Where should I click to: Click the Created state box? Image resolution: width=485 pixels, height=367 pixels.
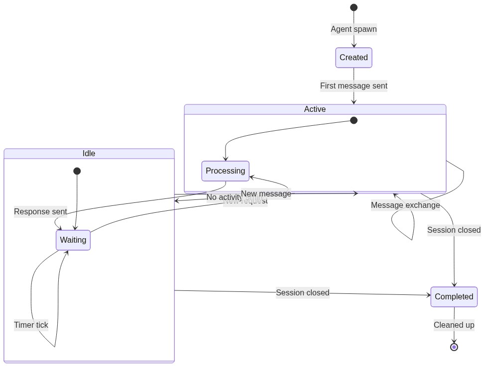pos(354,58)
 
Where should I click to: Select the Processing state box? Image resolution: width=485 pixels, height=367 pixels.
pos(225,171)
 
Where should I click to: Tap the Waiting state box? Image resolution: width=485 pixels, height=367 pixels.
pos(73,240)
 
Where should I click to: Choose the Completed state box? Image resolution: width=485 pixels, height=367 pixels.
pos(454,297)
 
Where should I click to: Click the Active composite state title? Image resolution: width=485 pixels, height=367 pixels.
pos(315,109)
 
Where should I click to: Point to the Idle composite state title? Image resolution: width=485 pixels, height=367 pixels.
pos(89,154)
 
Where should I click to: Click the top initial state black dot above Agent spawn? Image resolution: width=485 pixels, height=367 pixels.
pos(354,7)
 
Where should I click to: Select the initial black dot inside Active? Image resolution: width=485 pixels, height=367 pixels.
pos(354,120)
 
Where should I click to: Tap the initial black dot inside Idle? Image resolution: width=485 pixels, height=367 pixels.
pos(77,171)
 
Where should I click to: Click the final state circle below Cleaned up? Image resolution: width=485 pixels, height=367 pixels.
pos(454,347)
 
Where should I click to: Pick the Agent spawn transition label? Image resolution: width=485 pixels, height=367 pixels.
pos(354,29)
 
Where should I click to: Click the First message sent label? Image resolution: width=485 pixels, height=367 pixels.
pos(354,86)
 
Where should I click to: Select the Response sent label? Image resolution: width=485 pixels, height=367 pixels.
pos(40,212)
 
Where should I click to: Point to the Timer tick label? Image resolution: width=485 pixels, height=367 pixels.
pos(31,325)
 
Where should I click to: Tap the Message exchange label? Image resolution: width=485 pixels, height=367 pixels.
pos(405,205)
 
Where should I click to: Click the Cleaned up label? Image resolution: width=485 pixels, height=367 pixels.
pos(454,325)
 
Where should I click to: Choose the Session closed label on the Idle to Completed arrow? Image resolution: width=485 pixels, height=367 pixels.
pos(303,292)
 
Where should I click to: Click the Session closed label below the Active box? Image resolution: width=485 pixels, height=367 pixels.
pos(454,230)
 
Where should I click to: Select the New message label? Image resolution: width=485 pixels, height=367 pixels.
pos(266,193)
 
